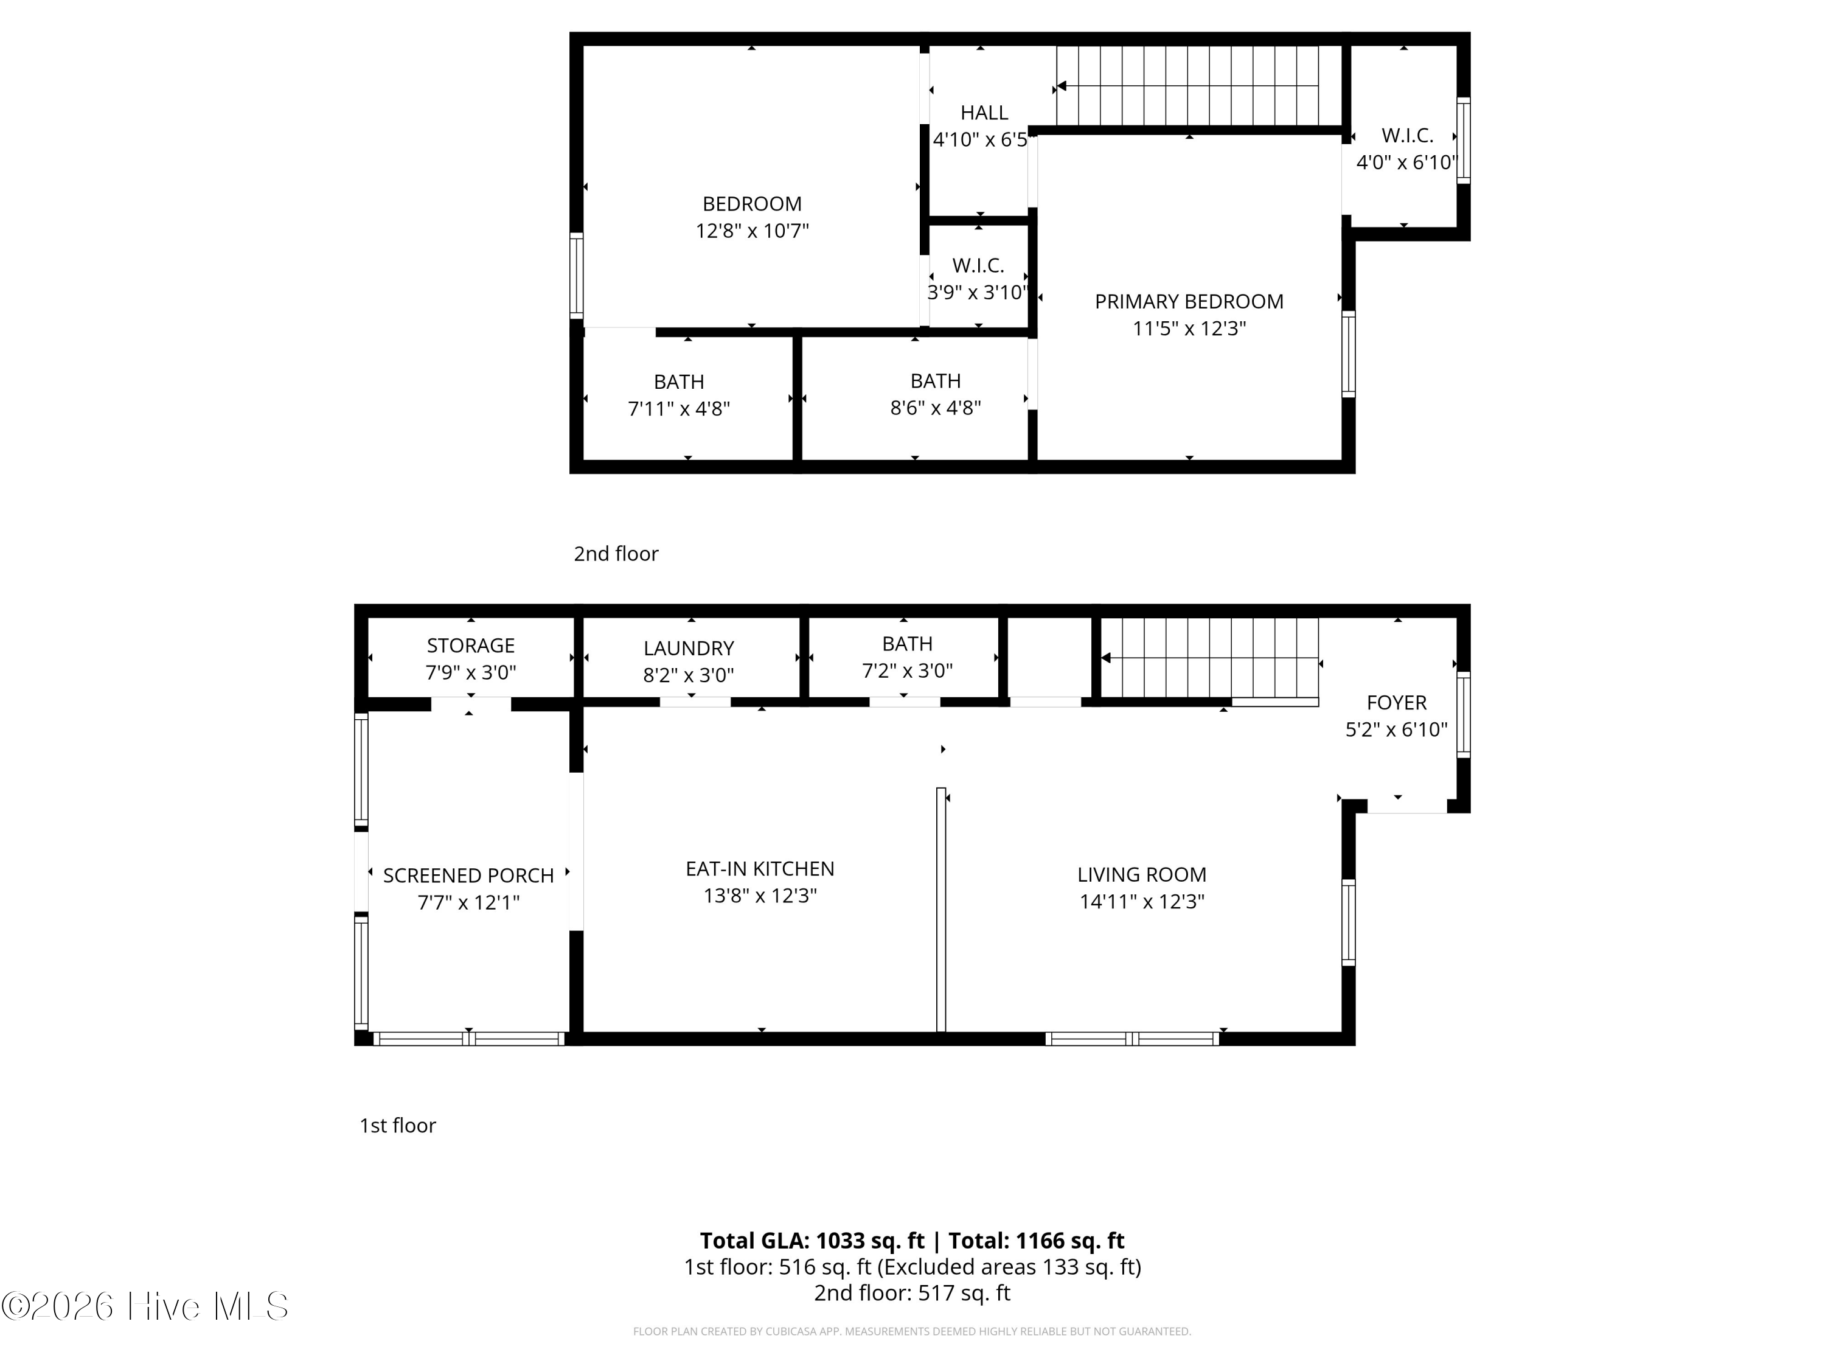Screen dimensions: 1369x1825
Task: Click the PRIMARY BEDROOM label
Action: point(1188,302)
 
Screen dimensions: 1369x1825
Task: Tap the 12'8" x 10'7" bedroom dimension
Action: point(752,231)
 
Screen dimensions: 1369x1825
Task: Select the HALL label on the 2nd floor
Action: point(984,113)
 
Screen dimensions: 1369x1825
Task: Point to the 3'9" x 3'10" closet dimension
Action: point(978,293)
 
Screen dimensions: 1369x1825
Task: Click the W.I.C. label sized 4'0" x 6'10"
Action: point(1406,136)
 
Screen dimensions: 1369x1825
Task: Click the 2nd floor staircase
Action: point(1197,86)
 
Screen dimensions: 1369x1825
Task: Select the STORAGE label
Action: point(470,646)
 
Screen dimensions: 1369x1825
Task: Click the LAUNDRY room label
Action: point(688,649)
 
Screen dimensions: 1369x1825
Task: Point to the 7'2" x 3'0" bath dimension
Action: point(907,671)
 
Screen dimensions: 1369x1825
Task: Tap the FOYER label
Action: point(1396,703)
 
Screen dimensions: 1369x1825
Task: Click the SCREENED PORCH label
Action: point(468,876)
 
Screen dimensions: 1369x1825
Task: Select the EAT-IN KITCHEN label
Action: point(759,869)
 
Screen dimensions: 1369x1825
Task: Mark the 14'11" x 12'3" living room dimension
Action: point(1141,902)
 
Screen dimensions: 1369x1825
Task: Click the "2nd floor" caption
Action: point(616,554)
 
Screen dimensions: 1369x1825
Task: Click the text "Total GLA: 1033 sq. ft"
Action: point(812,1240)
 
